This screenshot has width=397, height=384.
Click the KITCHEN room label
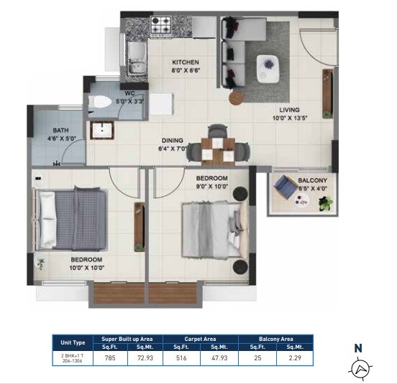[x=184, y=62]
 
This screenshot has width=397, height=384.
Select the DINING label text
[x=173, y=141]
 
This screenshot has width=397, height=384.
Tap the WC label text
[x=130, y=93]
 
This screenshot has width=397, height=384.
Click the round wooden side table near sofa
[x=237, y=98]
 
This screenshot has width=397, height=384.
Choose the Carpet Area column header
[x=200, y=338]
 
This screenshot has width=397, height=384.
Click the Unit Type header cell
[x=74, y=342]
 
